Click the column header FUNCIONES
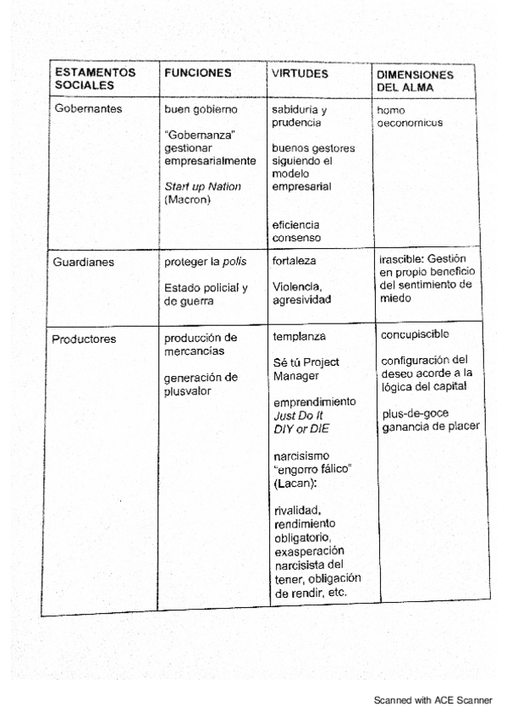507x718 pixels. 196,73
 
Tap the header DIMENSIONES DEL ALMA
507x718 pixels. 414,80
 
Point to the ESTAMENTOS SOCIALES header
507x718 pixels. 96,80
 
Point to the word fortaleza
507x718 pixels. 295,262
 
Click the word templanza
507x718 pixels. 299,336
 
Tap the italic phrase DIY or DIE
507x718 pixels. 296,429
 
